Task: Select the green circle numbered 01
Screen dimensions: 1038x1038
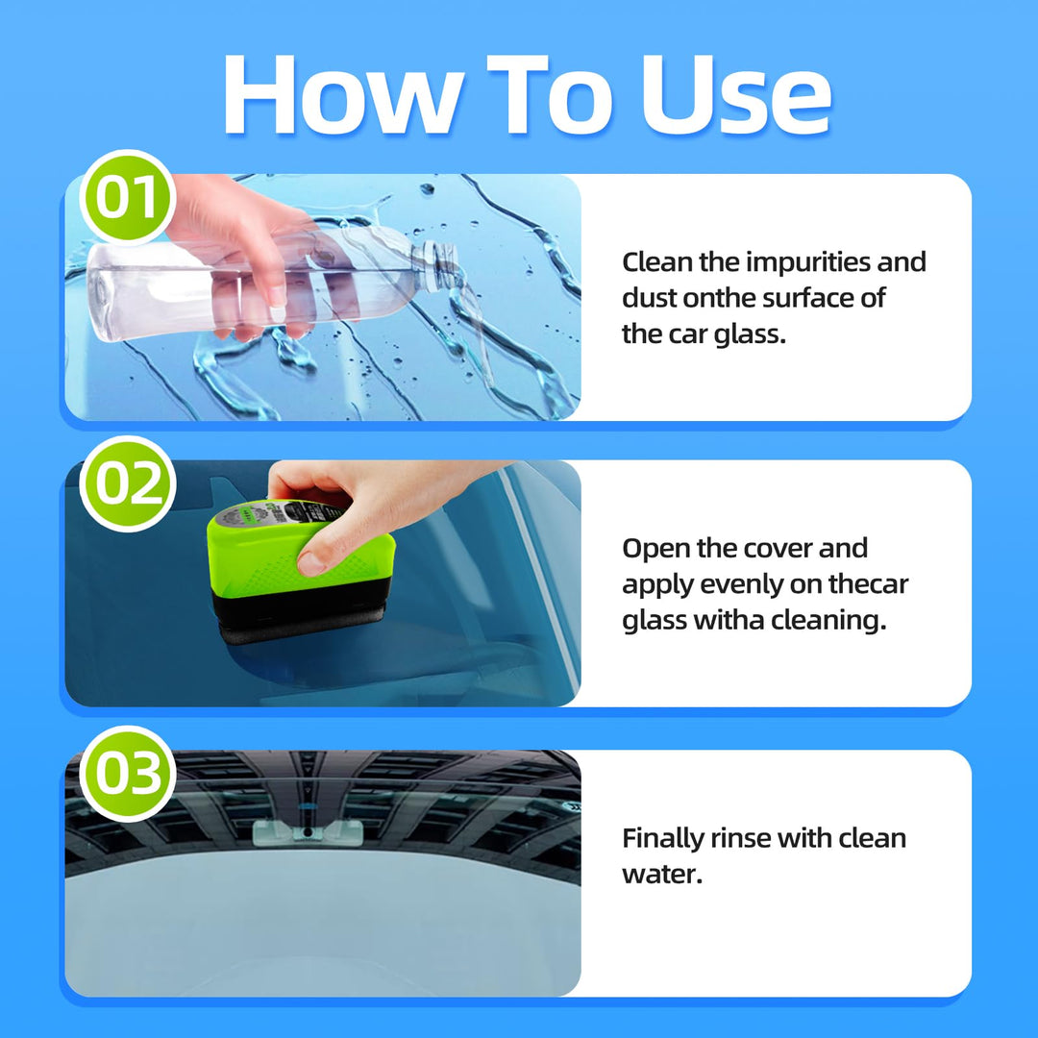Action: pos(127,198)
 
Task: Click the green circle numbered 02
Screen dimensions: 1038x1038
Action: pos(127,483)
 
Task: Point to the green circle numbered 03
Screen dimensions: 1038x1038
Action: pos(127,774)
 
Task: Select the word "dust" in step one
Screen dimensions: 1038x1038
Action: pos(649,299)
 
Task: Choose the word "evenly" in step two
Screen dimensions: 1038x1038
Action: pos(734,584)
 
